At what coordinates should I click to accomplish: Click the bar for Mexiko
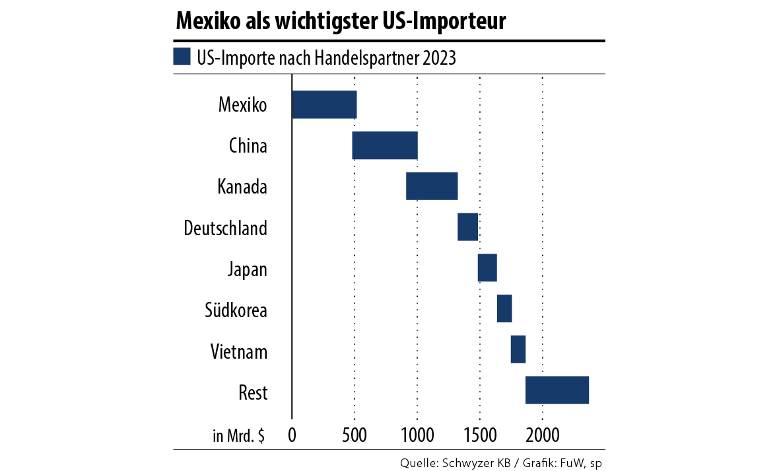[x=324, y=104]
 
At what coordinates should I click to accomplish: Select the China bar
[x=385, y=145]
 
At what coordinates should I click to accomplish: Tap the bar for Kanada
[x=432, y=186]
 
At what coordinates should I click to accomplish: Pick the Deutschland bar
[x=467, y=227]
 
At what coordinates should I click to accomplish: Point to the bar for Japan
[x=487, y=268]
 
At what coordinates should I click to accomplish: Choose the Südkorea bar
[x=504, y=308]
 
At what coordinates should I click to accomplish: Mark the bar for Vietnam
[x=518, y=349]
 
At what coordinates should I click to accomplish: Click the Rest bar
[x=557, y=390]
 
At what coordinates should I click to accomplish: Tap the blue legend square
[x=182, y=56]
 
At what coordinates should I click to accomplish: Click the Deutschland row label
[x=225, y=229]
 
